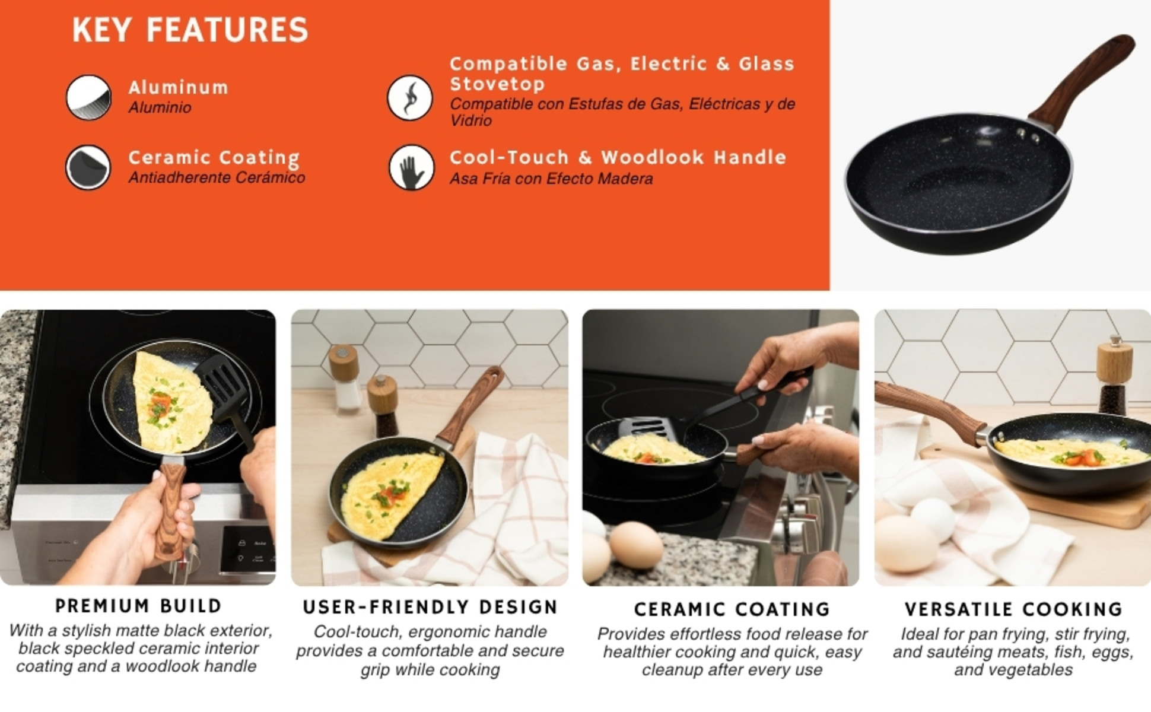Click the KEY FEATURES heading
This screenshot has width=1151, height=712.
(x=190, y=30)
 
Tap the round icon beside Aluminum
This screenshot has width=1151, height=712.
(x=88, y=97)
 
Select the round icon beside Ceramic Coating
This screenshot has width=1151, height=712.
(x=88, y=168)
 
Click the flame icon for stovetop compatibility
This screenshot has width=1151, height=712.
(x=410, y=97)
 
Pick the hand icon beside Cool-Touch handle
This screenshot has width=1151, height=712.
(x=411, y=168)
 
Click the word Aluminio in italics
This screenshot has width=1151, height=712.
(x=160, y=107)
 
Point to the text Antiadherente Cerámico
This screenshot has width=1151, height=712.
(x=217, y=177)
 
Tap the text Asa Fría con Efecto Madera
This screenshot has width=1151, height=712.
(x=551, y=179)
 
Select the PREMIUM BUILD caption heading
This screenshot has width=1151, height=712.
(x=138, y=606)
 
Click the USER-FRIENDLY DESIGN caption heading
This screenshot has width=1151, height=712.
(x=430, y=607)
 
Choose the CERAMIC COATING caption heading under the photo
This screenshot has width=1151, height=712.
(x=732, y=609)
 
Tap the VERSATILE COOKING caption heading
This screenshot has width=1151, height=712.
(x=1013, y=609)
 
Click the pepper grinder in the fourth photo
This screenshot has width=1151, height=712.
(x=1114, y=374)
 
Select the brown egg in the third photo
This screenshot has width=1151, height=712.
(x=635, y=544)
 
